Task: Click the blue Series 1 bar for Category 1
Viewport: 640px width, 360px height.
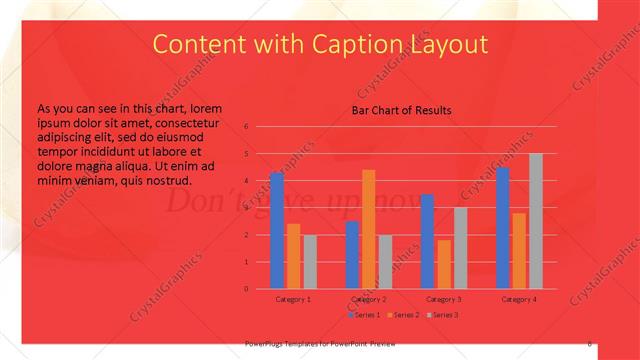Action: [277, 230]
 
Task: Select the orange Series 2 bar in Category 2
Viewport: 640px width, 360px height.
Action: [368, 229]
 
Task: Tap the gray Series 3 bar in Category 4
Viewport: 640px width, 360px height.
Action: [536, 221]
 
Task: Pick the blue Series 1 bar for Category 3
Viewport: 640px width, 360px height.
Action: [427, 241]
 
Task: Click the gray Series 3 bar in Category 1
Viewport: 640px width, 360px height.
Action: [310, 261]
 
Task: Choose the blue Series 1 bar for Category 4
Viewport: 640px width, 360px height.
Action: [503, 228]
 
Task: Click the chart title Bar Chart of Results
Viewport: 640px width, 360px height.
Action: [401, 110]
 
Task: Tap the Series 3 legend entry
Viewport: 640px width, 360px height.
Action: [442, 315]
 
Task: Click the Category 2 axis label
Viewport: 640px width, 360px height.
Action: [369, 299]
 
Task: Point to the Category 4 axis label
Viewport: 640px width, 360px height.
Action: [519, 299]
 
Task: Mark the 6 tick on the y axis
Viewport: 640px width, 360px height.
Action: [245, 127]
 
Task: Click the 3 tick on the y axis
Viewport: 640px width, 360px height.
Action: [245, 208]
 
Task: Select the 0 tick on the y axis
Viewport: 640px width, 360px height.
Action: [245, 289]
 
